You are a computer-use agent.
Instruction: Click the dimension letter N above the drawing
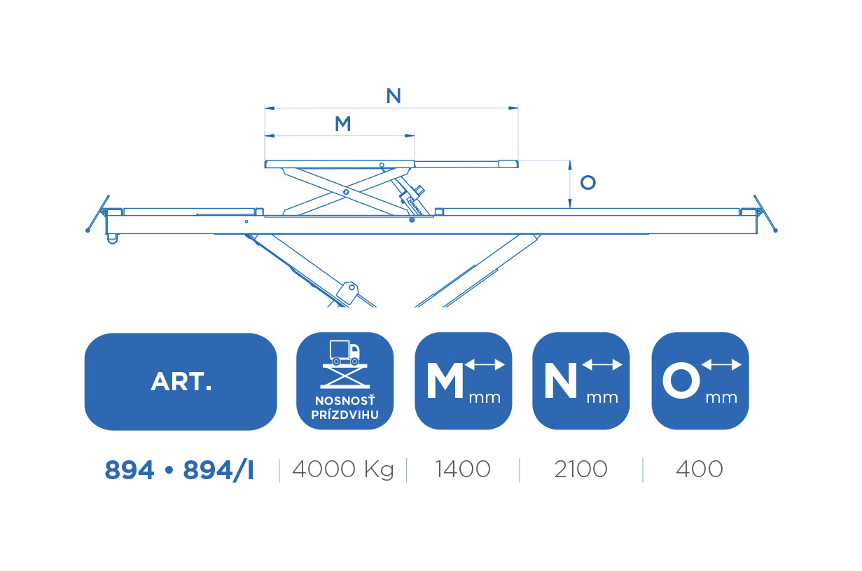coord(394,95)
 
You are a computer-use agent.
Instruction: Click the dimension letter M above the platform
coord(342,123)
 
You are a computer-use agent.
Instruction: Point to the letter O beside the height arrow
coord(588,182)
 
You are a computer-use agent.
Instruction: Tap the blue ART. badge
coord(181,381)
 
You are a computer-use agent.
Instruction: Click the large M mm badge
coord(464,381)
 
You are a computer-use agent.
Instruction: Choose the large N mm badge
coord(581,381)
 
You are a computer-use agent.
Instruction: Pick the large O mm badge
coord(700,381)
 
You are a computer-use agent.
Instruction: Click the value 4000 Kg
coord(343,469)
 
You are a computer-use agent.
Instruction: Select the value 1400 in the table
coord(463,469)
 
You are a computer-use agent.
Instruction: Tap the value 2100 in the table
coord(581,469)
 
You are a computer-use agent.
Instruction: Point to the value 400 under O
coord(700,469)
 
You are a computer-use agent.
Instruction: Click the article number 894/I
coord(218,470)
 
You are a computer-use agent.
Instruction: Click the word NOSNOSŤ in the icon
coord(345,401)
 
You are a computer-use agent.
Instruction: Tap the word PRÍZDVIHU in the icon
coord(345,415)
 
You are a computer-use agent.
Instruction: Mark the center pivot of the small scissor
coord(345,192)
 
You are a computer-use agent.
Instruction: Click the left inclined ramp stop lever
coord(98,214)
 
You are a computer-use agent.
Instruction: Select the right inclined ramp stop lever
coord(765,214)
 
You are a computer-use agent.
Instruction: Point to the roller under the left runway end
coord(112,239)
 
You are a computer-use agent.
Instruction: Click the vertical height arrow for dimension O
coord(570,184)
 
